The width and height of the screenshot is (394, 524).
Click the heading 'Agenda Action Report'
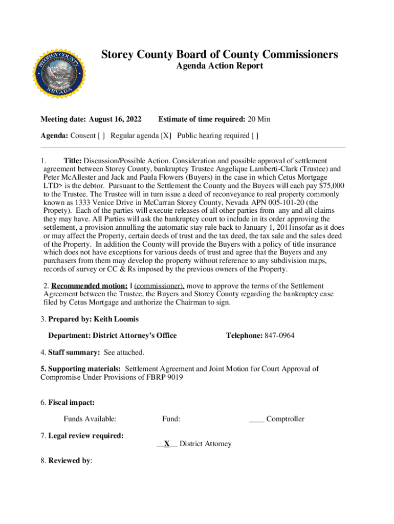click(x=220, y=65)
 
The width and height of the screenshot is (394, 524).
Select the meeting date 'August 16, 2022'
click(x=115, y=119)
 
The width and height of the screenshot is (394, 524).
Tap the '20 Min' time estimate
click(x=259, y=119)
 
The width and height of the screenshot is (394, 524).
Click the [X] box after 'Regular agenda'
click(x=166, y=136)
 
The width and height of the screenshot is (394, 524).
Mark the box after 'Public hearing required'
click(x=255, y=136)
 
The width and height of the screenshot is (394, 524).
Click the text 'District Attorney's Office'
click(x=135, y=336)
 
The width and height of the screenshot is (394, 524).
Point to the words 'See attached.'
click(x=124, y=352)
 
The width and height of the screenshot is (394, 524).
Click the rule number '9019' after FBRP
click(x=173, y=377)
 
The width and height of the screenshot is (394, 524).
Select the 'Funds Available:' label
click(x=90, y=419)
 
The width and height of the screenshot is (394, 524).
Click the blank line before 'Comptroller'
click(x=256, y=419)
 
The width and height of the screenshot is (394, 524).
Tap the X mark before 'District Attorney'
click(x=167, y=444)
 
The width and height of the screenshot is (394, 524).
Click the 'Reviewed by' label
click(x=70, y=461)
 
